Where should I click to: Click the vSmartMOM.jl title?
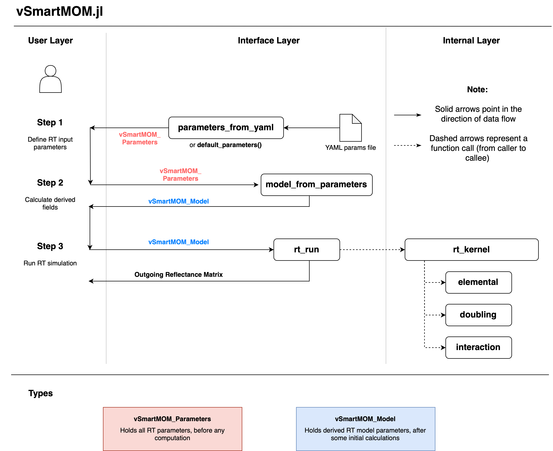tap(59, 11)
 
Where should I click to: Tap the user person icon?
tap(50, 79)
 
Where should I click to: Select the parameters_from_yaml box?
tap(226, 128)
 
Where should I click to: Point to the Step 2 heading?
tap(50, 183)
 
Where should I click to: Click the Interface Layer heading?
tap(269, 41)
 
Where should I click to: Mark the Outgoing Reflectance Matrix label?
tap(178, 275)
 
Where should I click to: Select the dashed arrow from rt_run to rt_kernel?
tap(372, 250)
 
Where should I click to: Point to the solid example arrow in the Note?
tap(407, 115)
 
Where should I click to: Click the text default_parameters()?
tap(229, 145)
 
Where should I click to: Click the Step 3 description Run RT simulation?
tap(50, 263)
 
